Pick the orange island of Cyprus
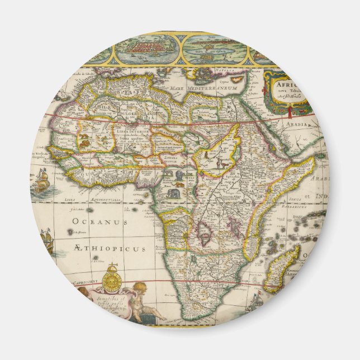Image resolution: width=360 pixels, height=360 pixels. (238, 80)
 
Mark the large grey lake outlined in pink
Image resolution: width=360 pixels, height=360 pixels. (203, 233)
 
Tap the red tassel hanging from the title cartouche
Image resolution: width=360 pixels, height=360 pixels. (291, 113)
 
